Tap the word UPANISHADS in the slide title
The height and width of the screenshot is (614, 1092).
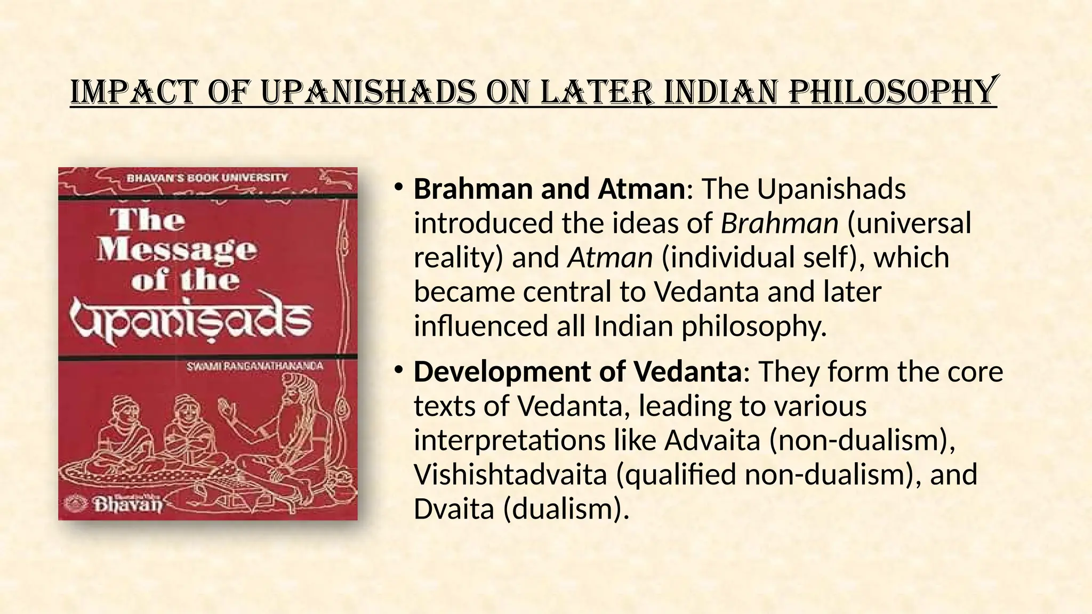click(368, 92)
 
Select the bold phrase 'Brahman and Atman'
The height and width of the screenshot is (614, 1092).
click(549, 189)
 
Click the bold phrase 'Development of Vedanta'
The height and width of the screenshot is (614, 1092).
click(577, 372)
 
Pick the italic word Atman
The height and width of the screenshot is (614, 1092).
click(610, 258)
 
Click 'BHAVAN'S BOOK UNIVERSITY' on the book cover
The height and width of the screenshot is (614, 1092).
click(207, 177)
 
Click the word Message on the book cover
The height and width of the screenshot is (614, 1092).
click(177, 249)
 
